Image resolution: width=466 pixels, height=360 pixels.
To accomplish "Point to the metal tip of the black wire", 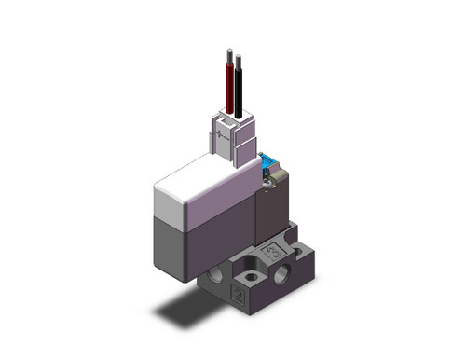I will tap(240, 57).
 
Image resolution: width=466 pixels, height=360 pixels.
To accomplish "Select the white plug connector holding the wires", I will tap(234, 140).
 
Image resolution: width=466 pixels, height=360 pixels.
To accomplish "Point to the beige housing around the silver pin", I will tap(272, 192).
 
